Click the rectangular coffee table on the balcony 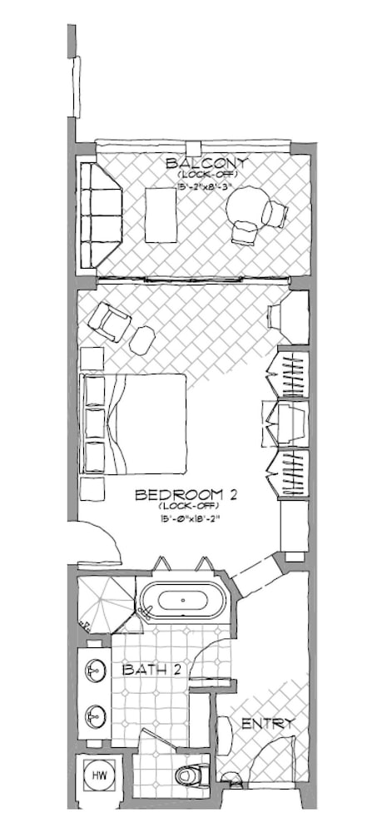(x=161, y=215)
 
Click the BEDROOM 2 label (x=186, y=495)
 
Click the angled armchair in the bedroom (x=110, y=322)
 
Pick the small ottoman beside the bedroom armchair (x=143, y=338)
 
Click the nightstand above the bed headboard (x=92, y=359)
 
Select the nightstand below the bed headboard (x=92, y=488)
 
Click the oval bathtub (x=181, y=600)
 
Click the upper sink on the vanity (x=95, y=669)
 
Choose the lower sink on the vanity (x=95, y=715)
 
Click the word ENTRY (x=266, y=724)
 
